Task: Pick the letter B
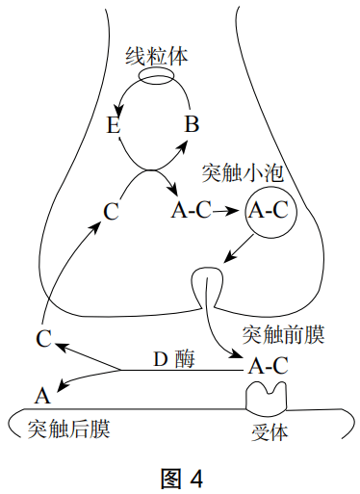point(192,124)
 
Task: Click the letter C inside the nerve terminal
point(112,211)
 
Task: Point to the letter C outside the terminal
point(43,338)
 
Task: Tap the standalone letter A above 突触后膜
point(41,395)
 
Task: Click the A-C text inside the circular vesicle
point(268,211)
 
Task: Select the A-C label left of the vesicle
point(190,211)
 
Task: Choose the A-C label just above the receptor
point(268,366)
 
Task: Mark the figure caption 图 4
point(179,477)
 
